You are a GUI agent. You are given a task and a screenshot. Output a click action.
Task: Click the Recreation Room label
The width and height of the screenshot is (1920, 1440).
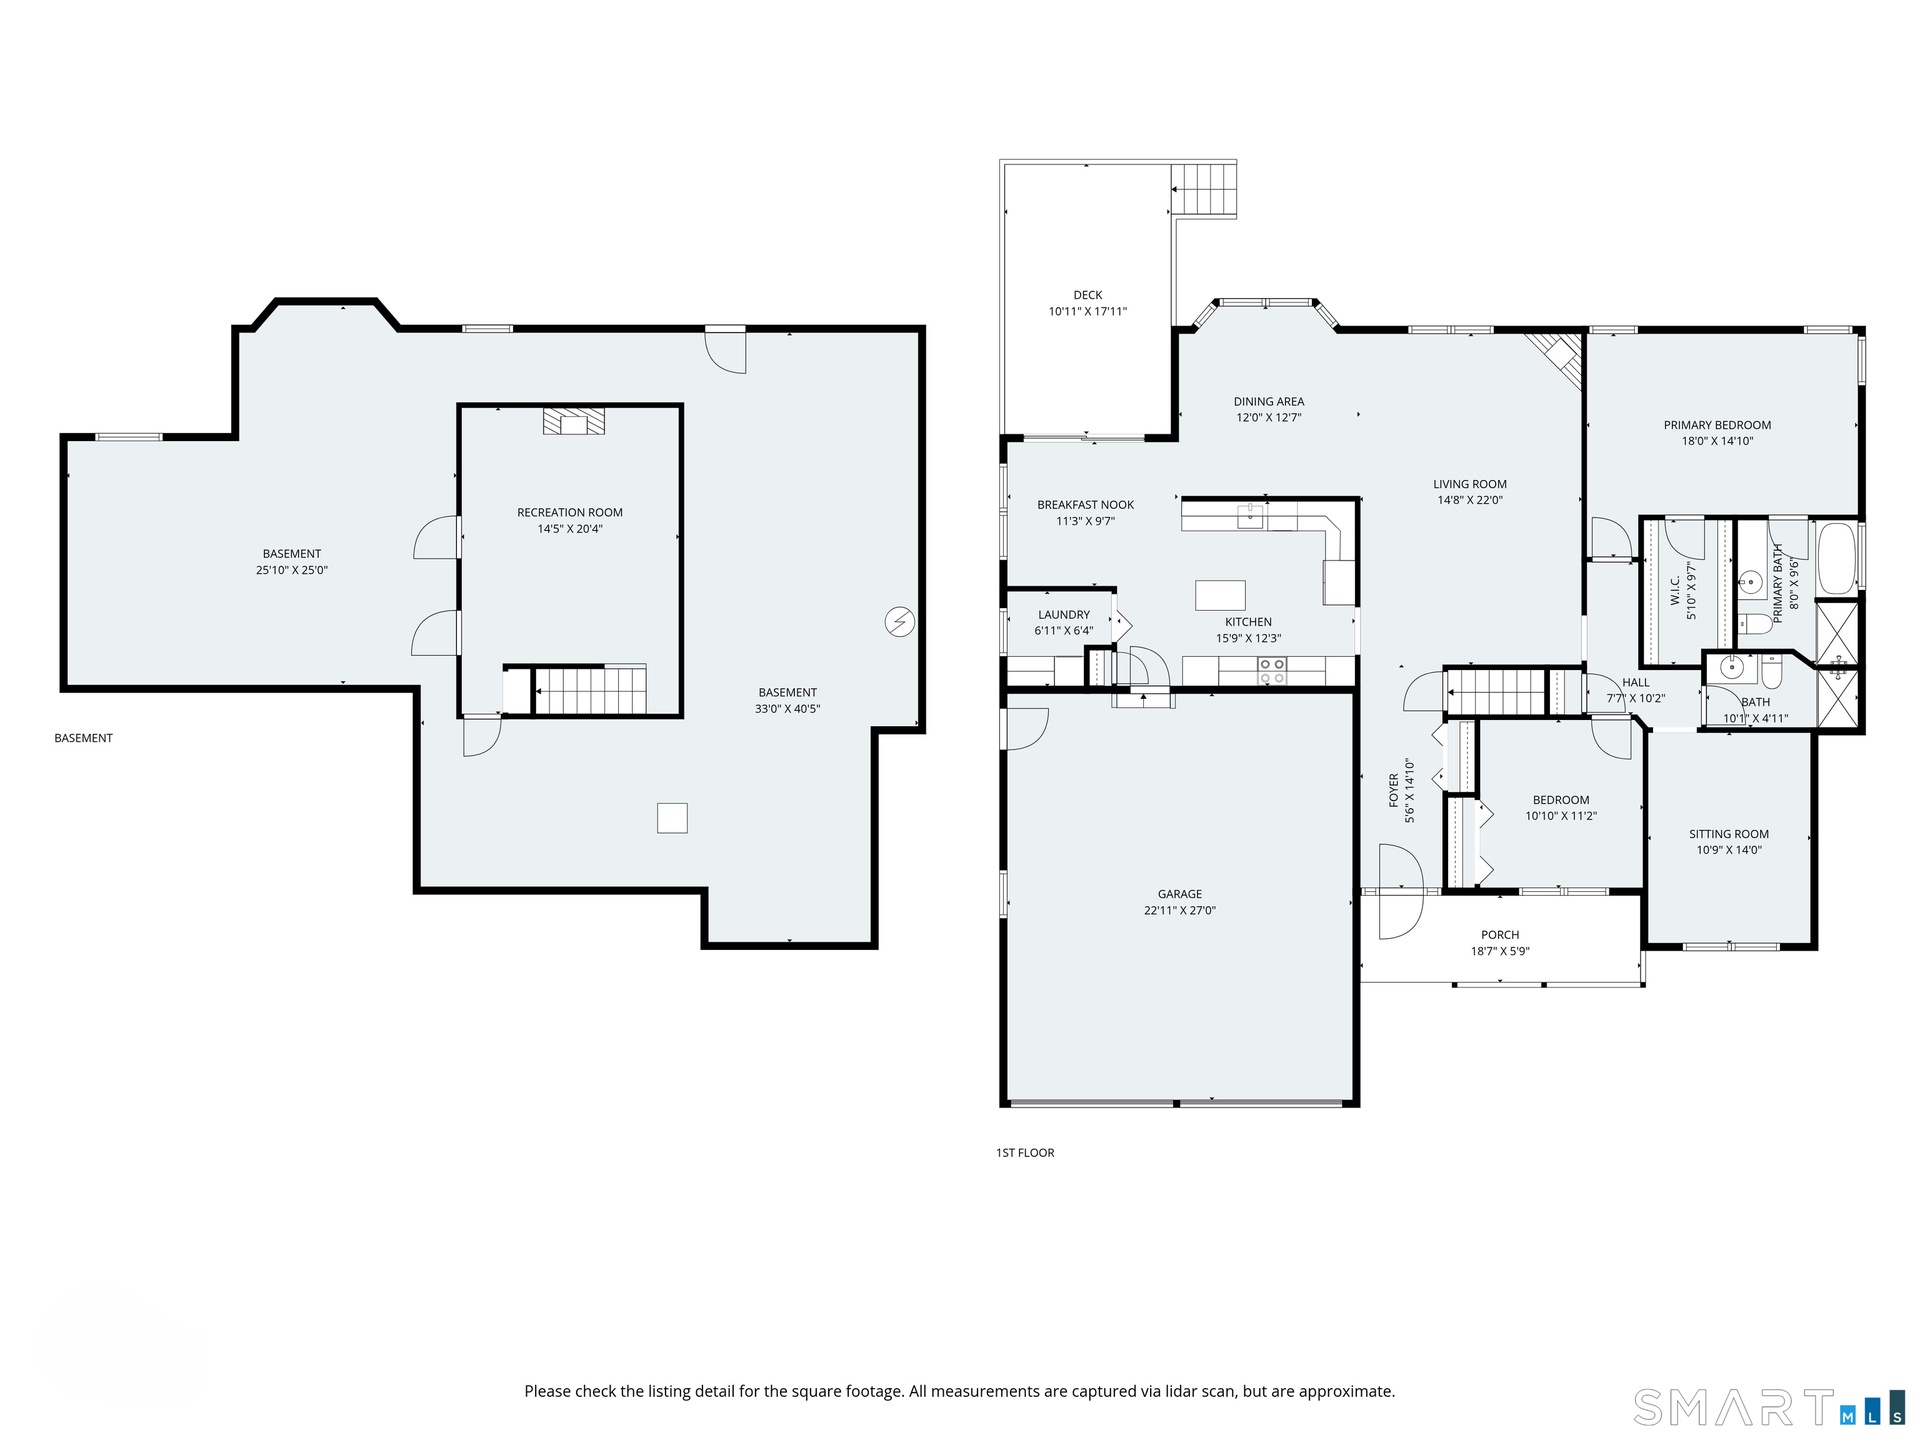point(570,513)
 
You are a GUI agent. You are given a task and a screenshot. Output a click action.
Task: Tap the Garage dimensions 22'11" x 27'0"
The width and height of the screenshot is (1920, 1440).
point(1180,911)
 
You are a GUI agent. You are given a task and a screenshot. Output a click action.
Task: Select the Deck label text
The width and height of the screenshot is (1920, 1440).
point(1088,295)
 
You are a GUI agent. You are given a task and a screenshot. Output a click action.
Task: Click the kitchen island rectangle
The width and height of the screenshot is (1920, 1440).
point(1220,595)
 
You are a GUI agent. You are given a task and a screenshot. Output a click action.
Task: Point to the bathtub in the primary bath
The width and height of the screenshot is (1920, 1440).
point(1837,558)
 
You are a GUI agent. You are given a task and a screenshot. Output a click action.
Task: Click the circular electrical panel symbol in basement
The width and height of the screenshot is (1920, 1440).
point(900,622)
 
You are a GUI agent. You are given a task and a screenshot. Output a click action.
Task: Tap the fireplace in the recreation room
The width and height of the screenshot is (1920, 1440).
point(574,421)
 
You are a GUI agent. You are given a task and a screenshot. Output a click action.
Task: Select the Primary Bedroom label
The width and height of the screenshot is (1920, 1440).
point(1717,425)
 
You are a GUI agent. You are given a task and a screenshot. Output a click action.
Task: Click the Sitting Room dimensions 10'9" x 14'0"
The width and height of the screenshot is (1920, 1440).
point(1729,850)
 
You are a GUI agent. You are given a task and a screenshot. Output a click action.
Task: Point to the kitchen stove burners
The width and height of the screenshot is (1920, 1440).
point(1272,671)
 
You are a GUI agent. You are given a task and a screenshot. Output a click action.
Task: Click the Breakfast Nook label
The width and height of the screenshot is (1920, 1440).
point(1085,505)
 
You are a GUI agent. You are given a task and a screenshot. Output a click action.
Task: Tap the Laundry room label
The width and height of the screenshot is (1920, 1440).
point(1064,615)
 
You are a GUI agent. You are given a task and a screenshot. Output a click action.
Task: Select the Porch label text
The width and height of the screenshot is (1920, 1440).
point(1500,935)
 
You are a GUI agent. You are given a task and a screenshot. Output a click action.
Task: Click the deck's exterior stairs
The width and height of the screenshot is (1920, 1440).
point(1204,189)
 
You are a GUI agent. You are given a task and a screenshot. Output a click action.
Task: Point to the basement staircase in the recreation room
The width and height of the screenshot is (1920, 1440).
point(590,691)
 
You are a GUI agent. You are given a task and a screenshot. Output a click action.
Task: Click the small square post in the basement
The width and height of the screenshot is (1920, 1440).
point(672,818)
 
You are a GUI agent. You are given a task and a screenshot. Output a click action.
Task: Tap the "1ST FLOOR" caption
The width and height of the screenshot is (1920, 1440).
point(1025,1153)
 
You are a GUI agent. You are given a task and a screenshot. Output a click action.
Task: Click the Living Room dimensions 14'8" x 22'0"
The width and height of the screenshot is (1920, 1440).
point(1470,500)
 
